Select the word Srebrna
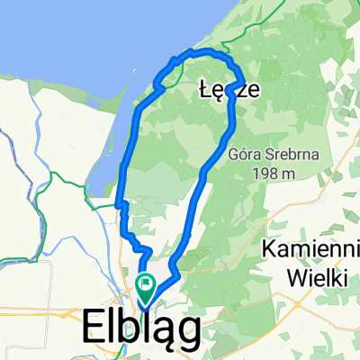(289, 154)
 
